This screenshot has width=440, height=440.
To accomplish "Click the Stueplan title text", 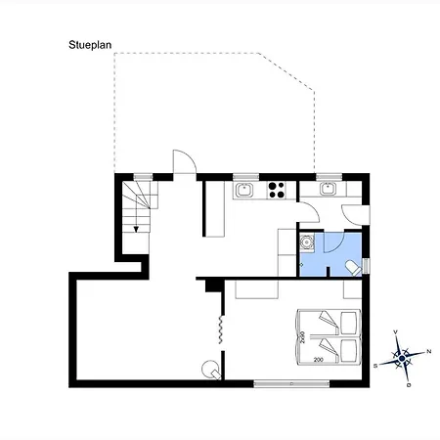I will click(90, 45).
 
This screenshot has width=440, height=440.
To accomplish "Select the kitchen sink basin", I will click(246, 190).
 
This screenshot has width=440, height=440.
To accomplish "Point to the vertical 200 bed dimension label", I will click(303, 337).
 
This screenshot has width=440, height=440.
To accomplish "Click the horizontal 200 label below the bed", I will click(319, 360).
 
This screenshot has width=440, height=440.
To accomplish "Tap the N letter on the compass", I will click(428, 349).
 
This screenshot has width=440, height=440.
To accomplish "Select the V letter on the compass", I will click(395, 333).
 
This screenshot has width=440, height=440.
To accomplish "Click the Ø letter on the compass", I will click(409, 383).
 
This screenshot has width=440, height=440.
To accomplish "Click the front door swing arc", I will click(184, 160).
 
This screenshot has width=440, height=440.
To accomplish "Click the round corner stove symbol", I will click(209, 369).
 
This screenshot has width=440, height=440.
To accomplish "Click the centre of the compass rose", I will click(403, 358).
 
